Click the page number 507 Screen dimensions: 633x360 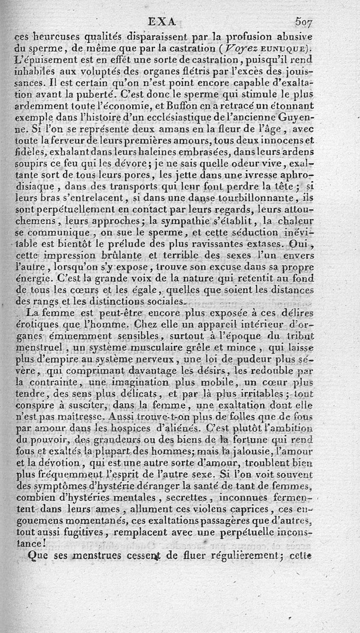[x=304, y=21]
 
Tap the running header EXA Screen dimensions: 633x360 [x=162, y=21]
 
